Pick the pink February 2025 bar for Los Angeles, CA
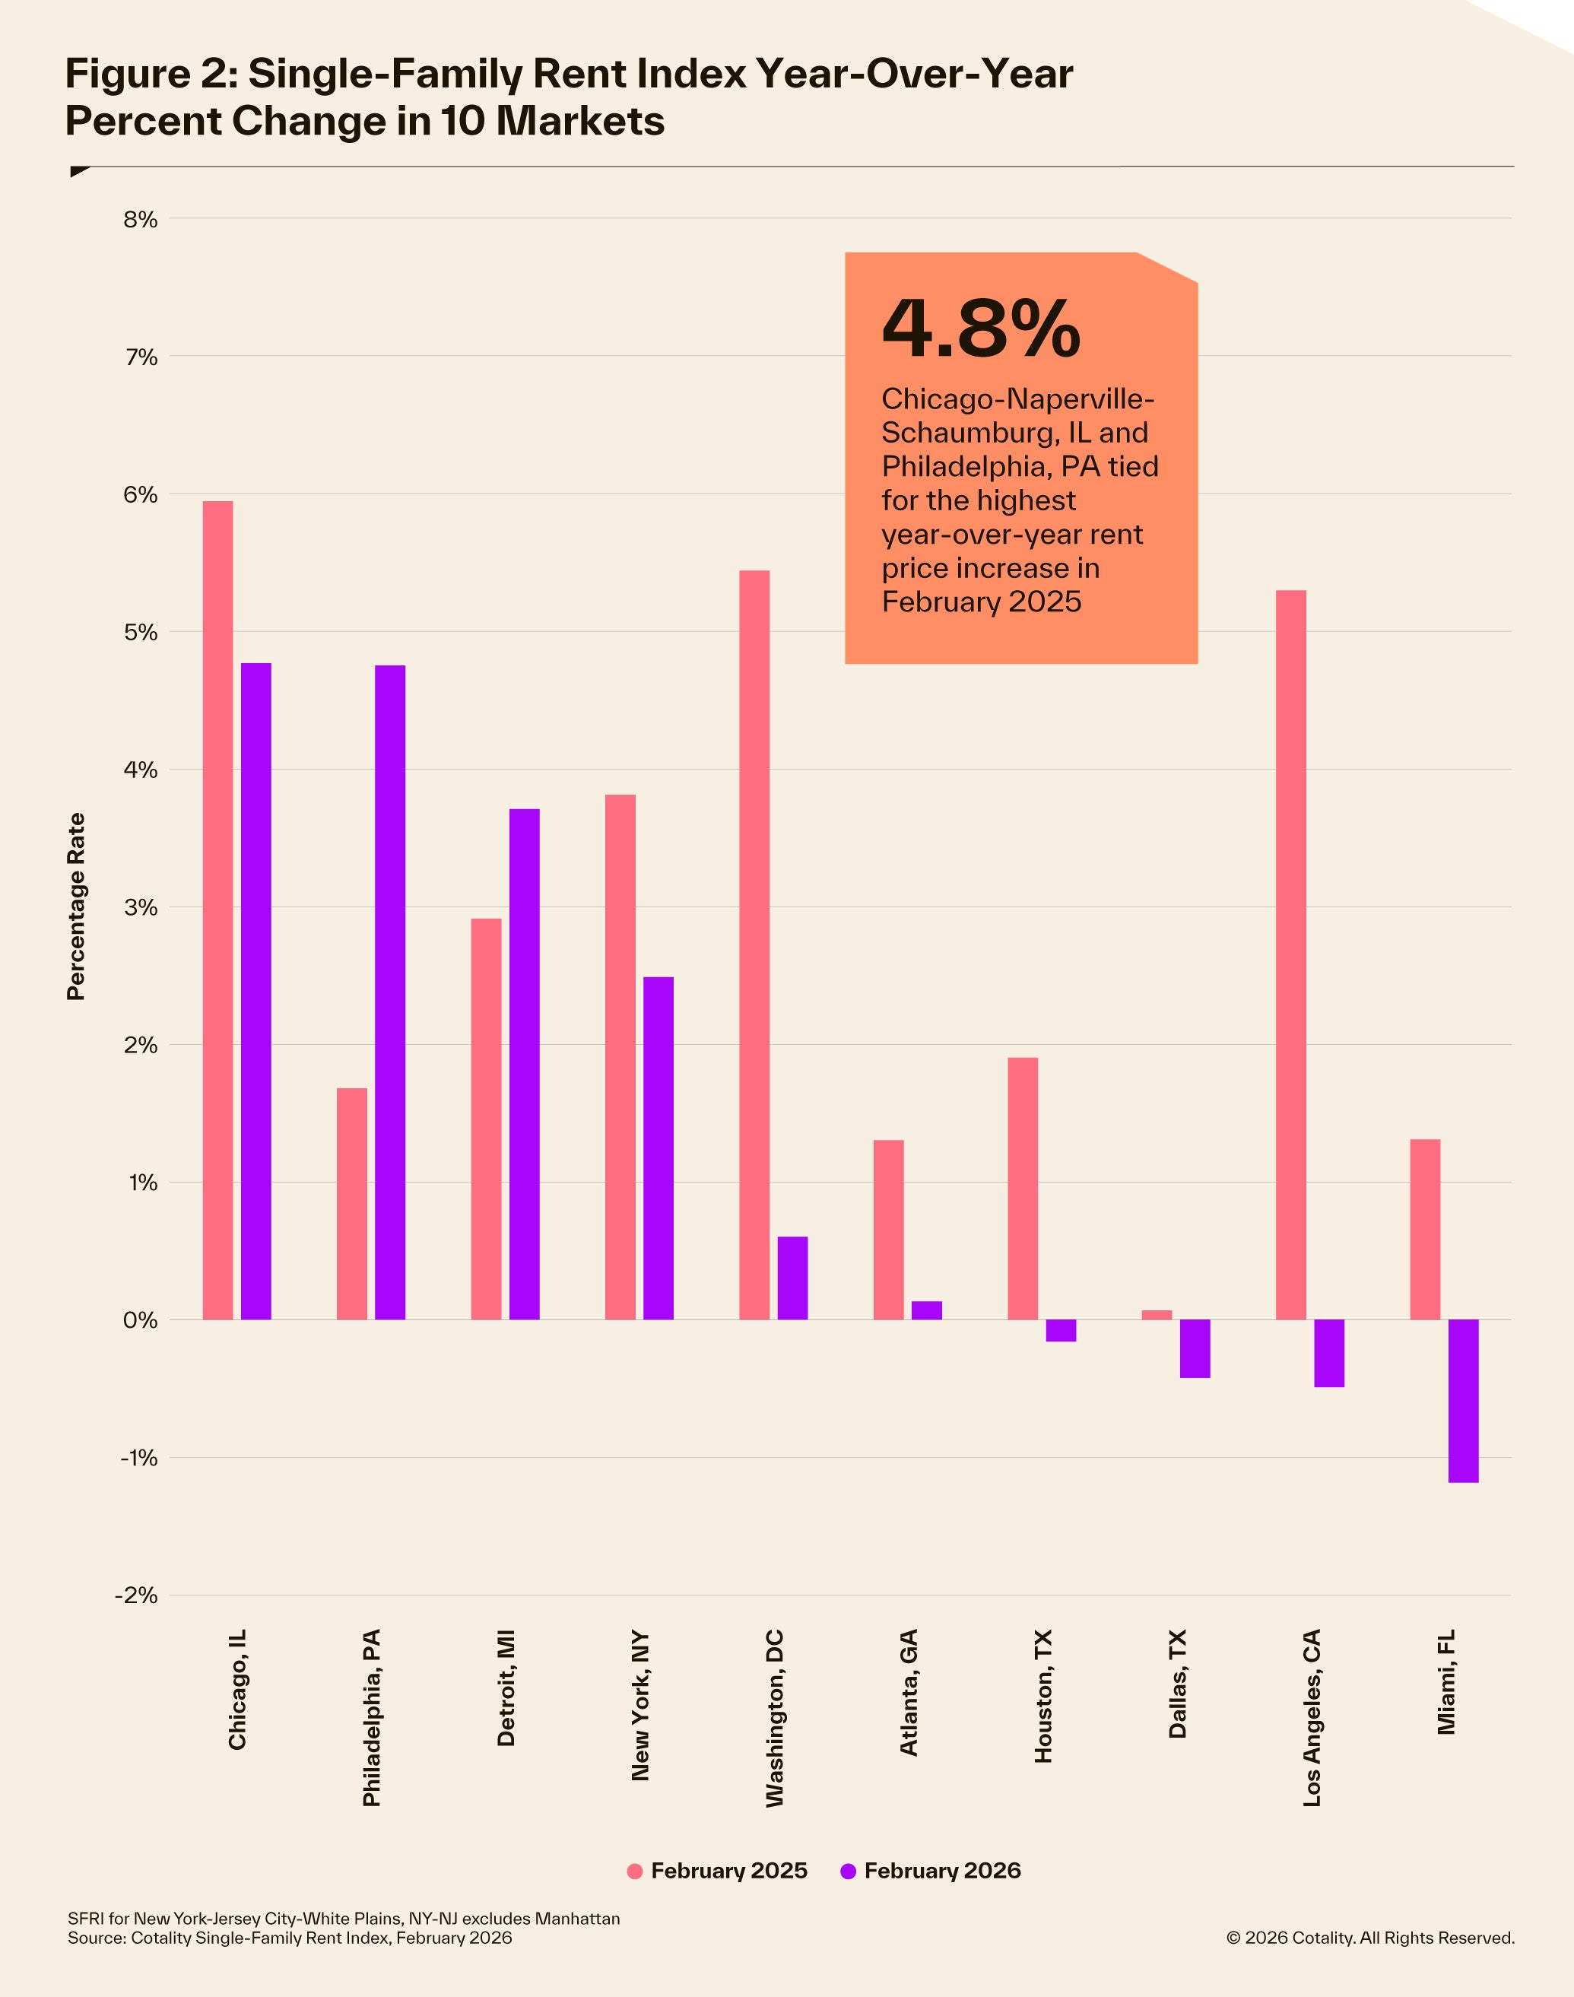tap(1290, 954)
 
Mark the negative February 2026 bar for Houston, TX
tap(1061, 1330)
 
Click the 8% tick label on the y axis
tap(140, 219)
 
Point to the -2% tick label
tap(136, 1595)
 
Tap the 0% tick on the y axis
tap(140, 1319)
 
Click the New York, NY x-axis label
tap(640, 1706)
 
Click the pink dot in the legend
tap(634, 1871)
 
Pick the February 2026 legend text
tap(942, 1871)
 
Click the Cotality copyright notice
tap(1369, 1938)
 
